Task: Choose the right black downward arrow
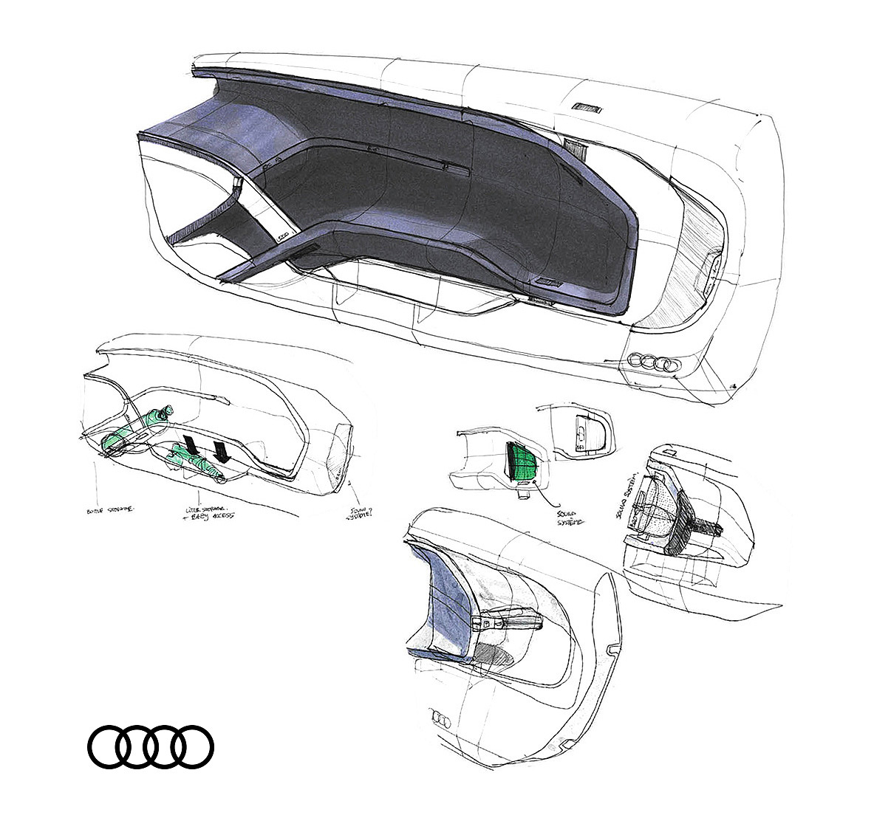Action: click(220, 450)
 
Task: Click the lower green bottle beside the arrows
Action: click(194, 462)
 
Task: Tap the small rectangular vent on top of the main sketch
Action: click(587, 107)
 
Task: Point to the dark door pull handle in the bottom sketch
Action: click(510, 620)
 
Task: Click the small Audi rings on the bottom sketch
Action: click(440, 718)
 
